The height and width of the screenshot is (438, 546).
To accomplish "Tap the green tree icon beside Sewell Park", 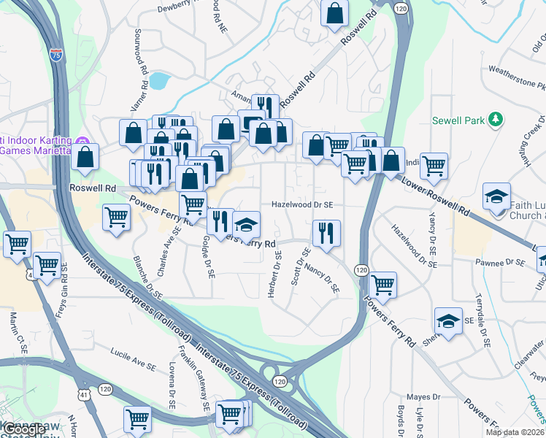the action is tap(496, 118).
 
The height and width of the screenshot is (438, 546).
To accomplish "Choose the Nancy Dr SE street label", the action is tap(323, 278).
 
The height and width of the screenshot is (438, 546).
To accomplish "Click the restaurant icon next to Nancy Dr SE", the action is tap(326, 233).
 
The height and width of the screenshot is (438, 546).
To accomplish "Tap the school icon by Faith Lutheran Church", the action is tap(496, 196).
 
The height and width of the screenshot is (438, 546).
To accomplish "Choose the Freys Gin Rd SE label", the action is tap(63, 295).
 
